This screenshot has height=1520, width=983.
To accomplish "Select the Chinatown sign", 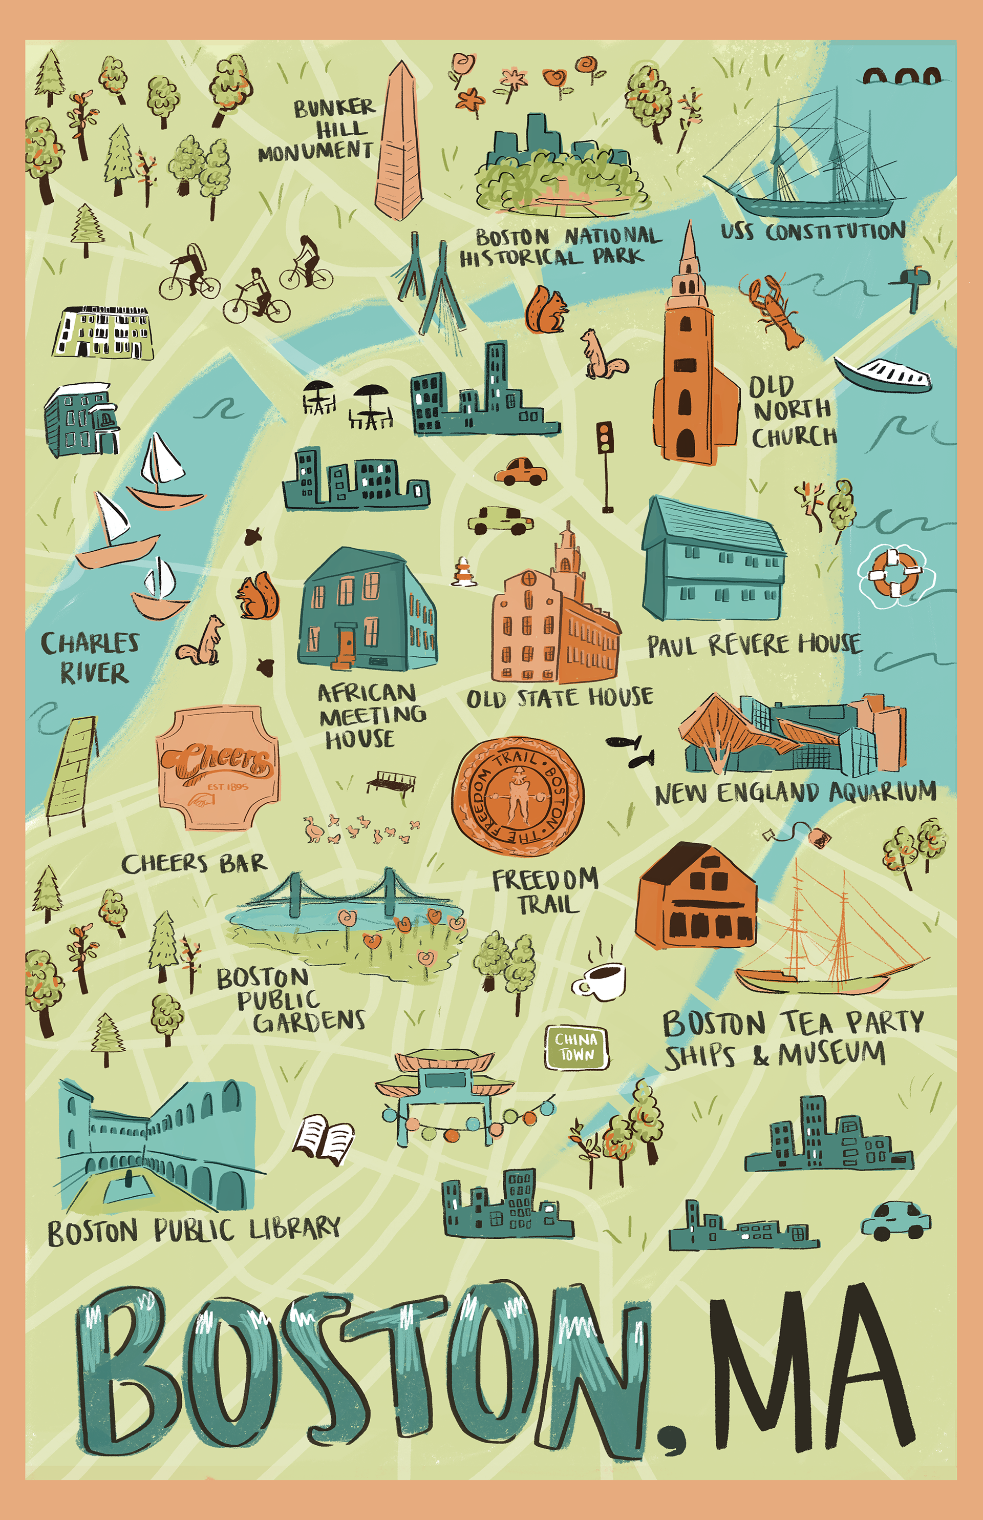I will [x=576, y=1047].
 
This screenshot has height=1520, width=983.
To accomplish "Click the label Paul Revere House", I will [x=754, y=645].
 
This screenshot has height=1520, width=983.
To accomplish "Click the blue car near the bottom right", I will [x=895, y=1220].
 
